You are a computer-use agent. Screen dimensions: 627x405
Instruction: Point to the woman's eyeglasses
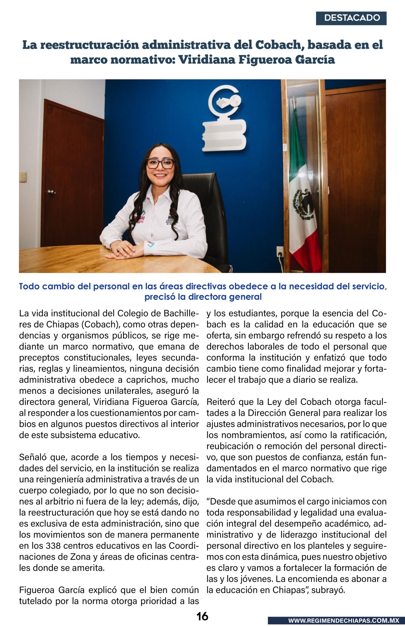click(160, 164)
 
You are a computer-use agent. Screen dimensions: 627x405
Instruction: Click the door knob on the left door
click(51, 192)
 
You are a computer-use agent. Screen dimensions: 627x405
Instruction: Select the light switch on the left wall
click(23, 176)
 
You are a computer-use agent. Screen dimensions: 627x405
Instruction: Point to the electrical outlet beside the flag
click(279, 252)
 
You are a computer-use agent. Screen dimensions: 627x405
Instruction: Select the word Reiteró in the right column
click(220, 402)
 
